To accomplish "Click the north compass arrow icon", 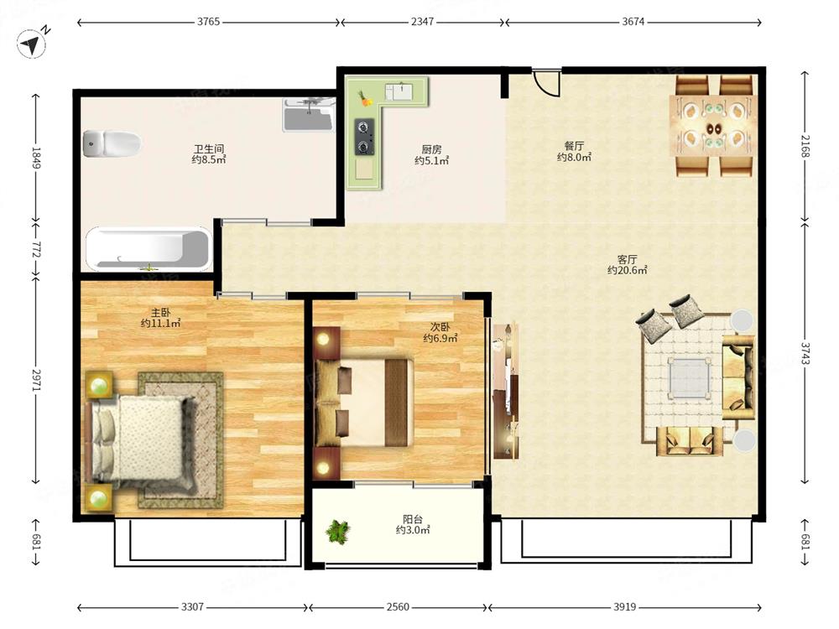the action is coord(32,44).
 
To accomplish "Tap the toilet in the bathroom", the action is coord(112,143).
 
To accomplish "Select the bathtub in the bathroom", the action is coord(149,249).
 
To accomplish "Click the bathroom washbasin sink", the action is coord(309,114).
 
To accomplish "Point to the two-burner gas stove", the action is coord(364,138).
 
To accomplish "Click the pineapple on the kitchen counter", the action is coord(366,98).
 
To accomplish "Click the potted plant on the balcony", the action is coord(338,532).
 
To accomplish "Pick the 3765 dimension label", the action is coord(208,22).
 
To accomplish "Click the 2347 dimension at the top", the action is coord(423,22).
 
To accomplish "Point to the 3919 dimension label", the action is coord(624,606).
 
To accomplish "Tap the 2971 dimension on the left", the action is coord(36,380).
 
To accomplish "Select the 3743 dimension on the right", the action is coord(805,353).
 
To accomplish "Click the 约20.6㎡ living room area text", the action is coord(627,271).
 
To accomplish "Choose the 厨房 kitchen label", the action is coord(431,150).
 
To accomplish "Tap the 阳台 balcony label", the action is coord(413,519).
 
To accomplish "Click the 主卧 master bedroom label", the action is coord(160,313).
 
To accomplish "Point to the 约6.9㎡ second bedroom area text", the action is coord(440,338).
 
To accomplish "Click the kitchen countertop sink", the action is coord(403,91).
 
